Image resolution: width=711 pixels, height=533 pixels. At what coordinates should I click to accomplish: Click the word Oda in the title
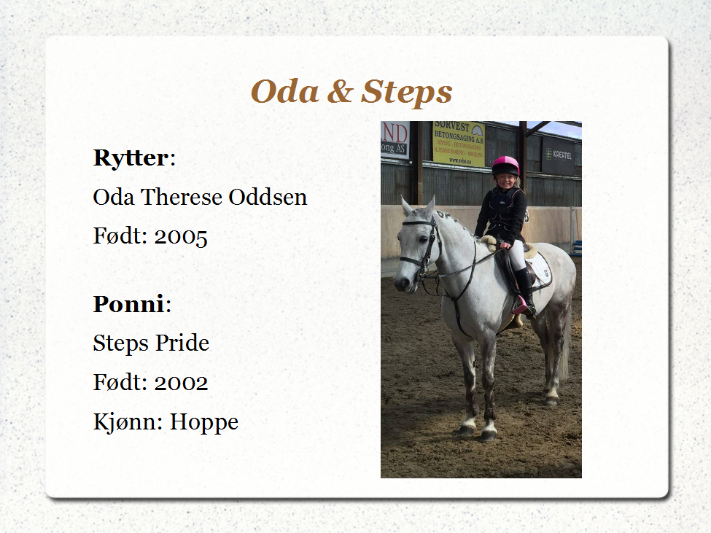coord(284,91)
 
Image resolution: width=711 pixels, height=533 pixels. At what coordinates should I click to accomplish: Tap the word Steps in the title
coord(407,93)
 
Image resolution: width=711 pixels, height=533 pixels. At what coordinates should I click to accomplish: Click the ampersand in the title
coord(340,91)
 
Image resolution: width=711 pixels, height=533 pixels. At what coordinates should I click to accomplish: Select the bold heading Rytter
coord(131,157)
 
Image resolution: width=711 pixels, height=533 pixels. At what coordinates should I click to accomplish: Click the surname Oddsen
coord(268,197)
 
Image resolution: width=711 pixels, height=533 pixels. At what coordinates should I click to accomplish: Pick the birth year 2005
coord(181,236)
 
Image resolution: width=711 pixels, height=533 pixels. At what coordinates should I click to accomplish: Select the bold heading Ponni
coord(128,303)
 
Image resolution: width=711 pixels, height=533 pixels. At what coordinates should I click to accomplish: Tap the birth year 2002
coord(181,382)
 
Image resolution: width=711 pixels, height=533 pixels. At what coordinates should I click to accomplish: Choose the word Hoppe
coord(204,422)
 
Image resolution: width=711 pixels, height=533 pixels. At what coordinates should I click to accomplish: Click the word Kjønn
coord(128,422)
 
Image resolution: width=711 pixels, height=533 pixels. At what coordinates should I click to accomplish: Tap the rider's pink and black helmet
coord(506,166)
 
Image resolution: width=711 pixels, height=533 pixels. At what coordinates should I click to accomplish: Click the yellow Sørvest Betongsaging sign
coord(459,143)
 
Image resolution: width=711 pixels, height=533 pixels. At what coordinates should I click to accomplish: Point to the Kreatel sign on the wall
coord(558,155)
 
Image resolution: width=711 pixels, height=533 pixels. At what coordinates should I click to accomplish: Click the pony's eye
coord(423,239)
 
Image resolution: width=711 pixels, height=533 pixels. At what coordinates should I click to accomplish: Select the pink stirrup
coord(520,306)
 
